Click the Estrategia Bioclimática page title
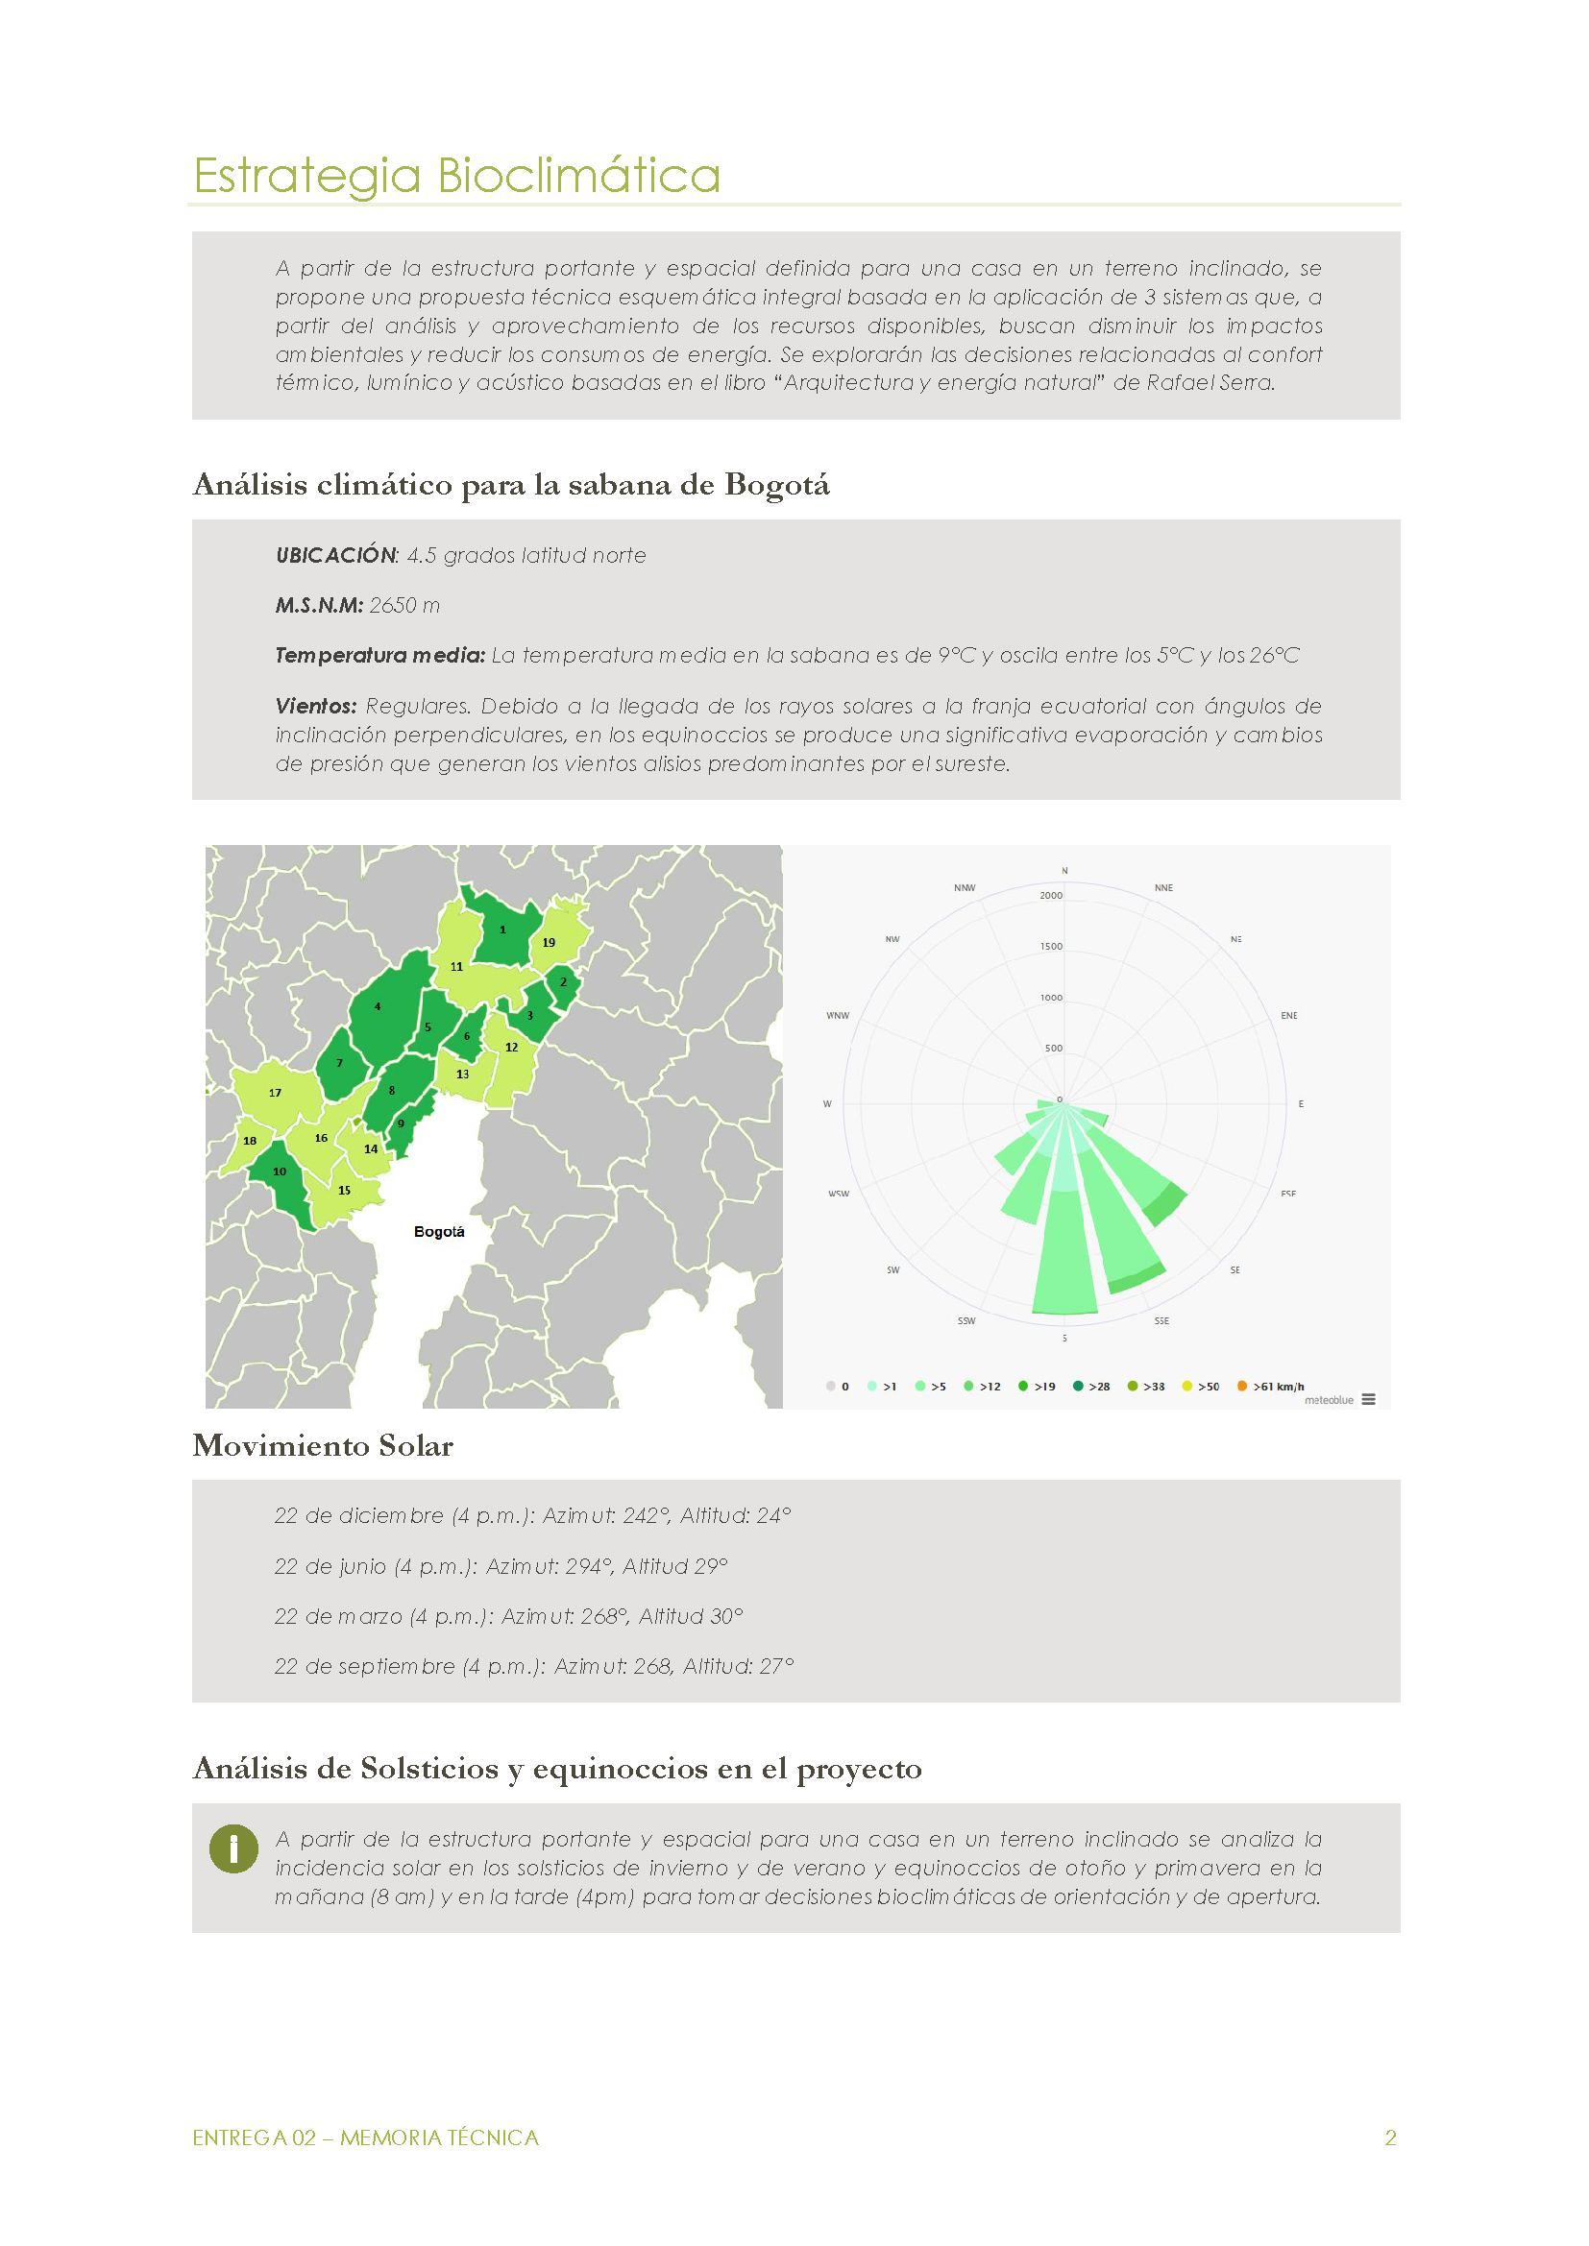[457, 176]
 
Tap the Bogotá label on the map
[438, 1232]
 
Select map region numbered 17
[275, 1093]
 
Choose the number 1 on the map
[502, 930]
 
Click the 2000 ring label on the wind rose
[1051, 896]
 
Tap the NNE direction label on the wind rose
[1163, 888]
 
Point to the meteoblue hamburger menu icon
[1369, 1400]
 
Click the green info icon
[233, 1848]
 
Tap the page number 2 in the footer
[1390, 2137]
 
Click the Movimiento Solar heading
[323, 1446]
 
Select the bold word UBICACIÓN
[335, 556]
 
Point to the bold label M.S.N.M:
[319, 606]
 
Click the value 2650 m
[404, 606]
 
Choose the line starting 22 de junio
[501, 1566]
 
